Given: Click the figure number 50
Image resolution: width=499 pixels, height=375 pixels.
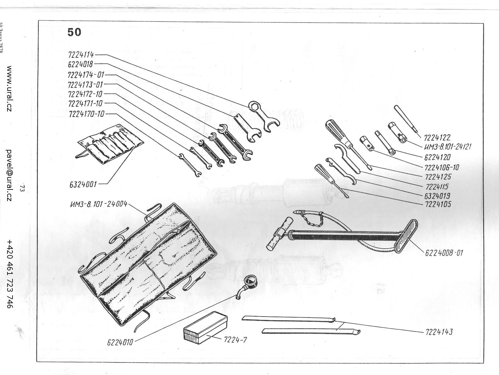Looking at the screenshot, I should coord(74,32).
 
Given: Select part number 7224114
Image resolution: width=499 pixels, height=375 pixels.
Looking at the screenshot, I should coord(81,55).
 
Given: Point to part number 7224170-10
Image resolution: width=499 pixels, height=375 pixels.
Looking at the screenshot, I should coord(86,114).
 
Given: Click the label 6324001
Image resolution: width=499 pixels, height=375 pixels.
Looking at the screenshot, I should coord(83,185).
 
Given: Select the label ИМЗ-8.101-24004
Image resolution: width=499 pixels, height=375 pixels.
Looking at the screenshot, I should coord(99,205).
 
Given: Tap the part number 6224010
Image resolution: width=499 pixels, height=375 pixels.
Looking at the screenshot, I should coord(120,342).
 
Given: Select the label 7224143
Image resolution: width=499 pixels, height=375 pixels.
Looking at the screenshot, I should coord(439,332).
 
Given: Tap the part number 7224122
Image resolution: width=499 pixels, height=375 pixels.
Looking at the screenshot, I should coord(437,137).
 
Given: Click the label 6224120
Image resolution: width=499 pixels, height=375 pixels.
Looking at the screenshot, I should coord(438,157).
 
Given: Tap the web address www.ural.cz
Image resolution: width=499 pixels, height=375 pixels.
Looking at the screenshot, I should coord(9,89).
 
